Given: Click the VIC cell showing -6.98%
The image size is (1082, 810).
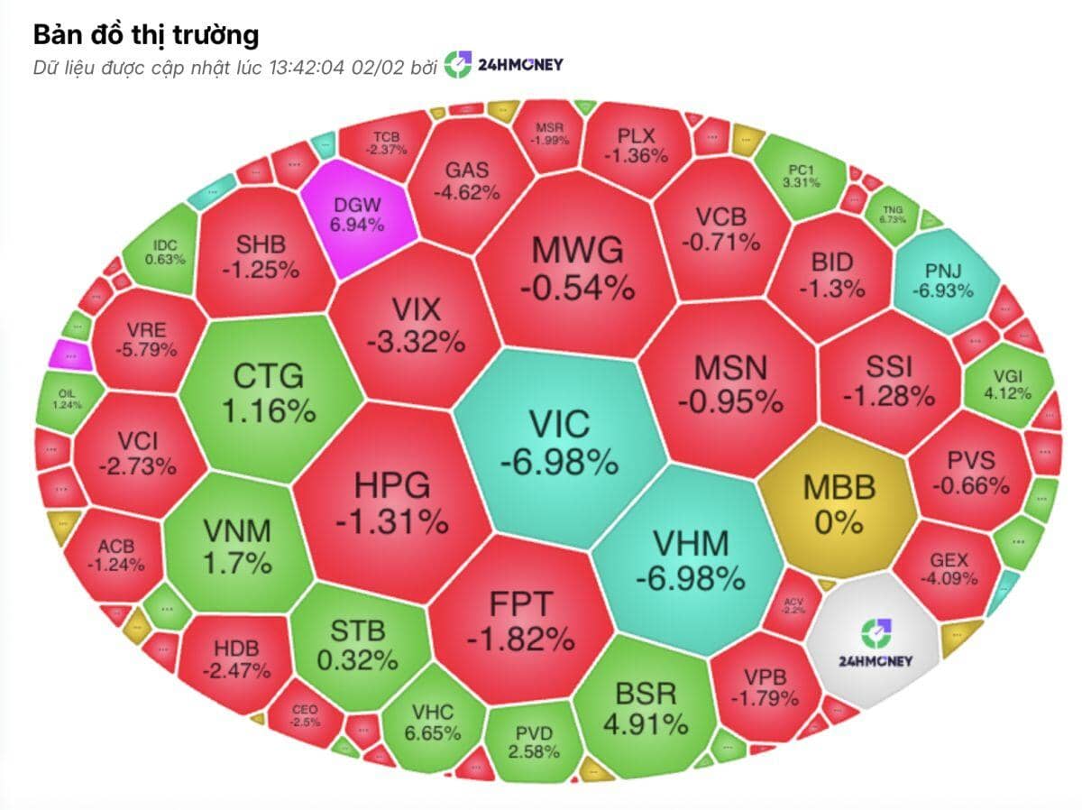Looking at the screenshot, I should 559,442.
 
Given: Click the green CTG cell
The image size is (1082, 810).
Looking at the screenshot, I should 268,393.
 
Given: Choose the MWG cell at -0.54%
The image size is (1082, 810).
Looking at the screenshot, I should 577,266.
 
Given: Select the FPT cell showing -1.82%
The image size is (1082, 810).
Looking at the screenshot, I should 520,622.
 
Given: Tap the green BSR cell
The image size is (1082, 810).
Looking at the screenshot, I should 646,708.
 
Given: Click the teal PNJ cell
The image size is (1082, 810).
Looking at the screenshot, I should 948,281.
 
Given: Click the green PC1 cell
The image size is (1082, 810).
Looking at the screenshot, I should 802,176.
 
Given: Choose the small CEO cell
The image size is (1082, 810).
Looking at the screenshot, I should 304,715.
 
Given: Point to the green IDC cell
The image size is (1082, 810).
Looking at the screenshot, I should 164,251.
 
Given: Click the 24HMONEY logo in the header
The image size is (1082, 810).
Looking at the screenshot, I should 504,66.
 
